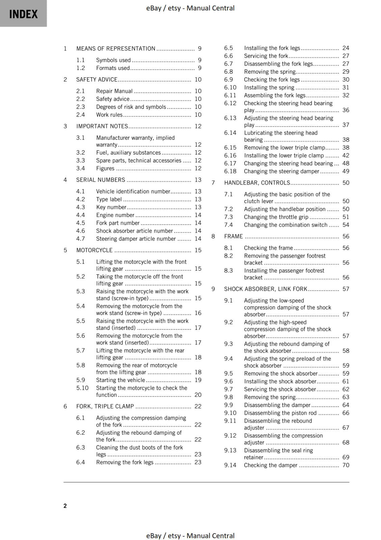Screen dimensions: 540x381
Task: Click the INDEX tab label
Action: tap(23, 14)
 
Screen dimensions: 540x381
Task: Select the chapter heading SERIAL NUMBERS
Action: tap(100, 180)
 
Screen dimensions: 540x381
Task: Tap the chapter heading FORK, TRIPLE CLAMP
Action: tap(105, 406)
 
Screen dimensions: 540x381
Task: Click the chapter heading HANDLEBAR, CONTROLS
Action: tap(257, 183)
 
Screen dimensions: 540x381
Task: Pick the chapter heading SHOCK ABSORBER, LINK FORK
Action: tap(266, 289)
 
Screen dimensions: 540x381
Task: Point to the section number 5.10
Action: tap(82, 388)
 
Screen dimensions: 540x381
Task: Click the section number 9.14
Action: tap(230, 465)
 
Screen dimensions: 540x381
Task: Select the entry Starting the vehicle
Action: tap(120, 380)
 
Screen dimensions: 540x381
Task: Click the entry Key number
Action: tap(111, 207)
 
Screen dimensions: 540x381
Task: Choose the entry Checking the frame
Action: tap(268, 248)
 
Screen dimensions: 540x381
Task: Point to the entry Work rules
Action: tap(109, 115)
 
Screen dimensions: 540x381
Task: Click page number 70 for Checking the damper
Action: tap(346, 465)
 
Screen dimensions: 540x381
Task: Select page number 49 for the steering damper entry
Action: tap(346, 171)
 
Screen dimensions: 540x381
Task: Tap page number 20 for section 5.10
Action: tap(198, 395)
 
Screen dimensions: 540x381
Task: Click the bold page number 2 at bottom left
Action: tap(65, 506)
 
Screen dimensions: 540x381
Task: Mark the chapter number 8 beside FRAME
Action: tap(213, 236)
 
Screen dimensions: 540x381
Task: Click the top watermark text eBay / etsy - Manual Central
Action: tap(190, 8)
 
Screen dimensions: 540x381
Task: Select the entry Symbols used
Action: tap(113, 60)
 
